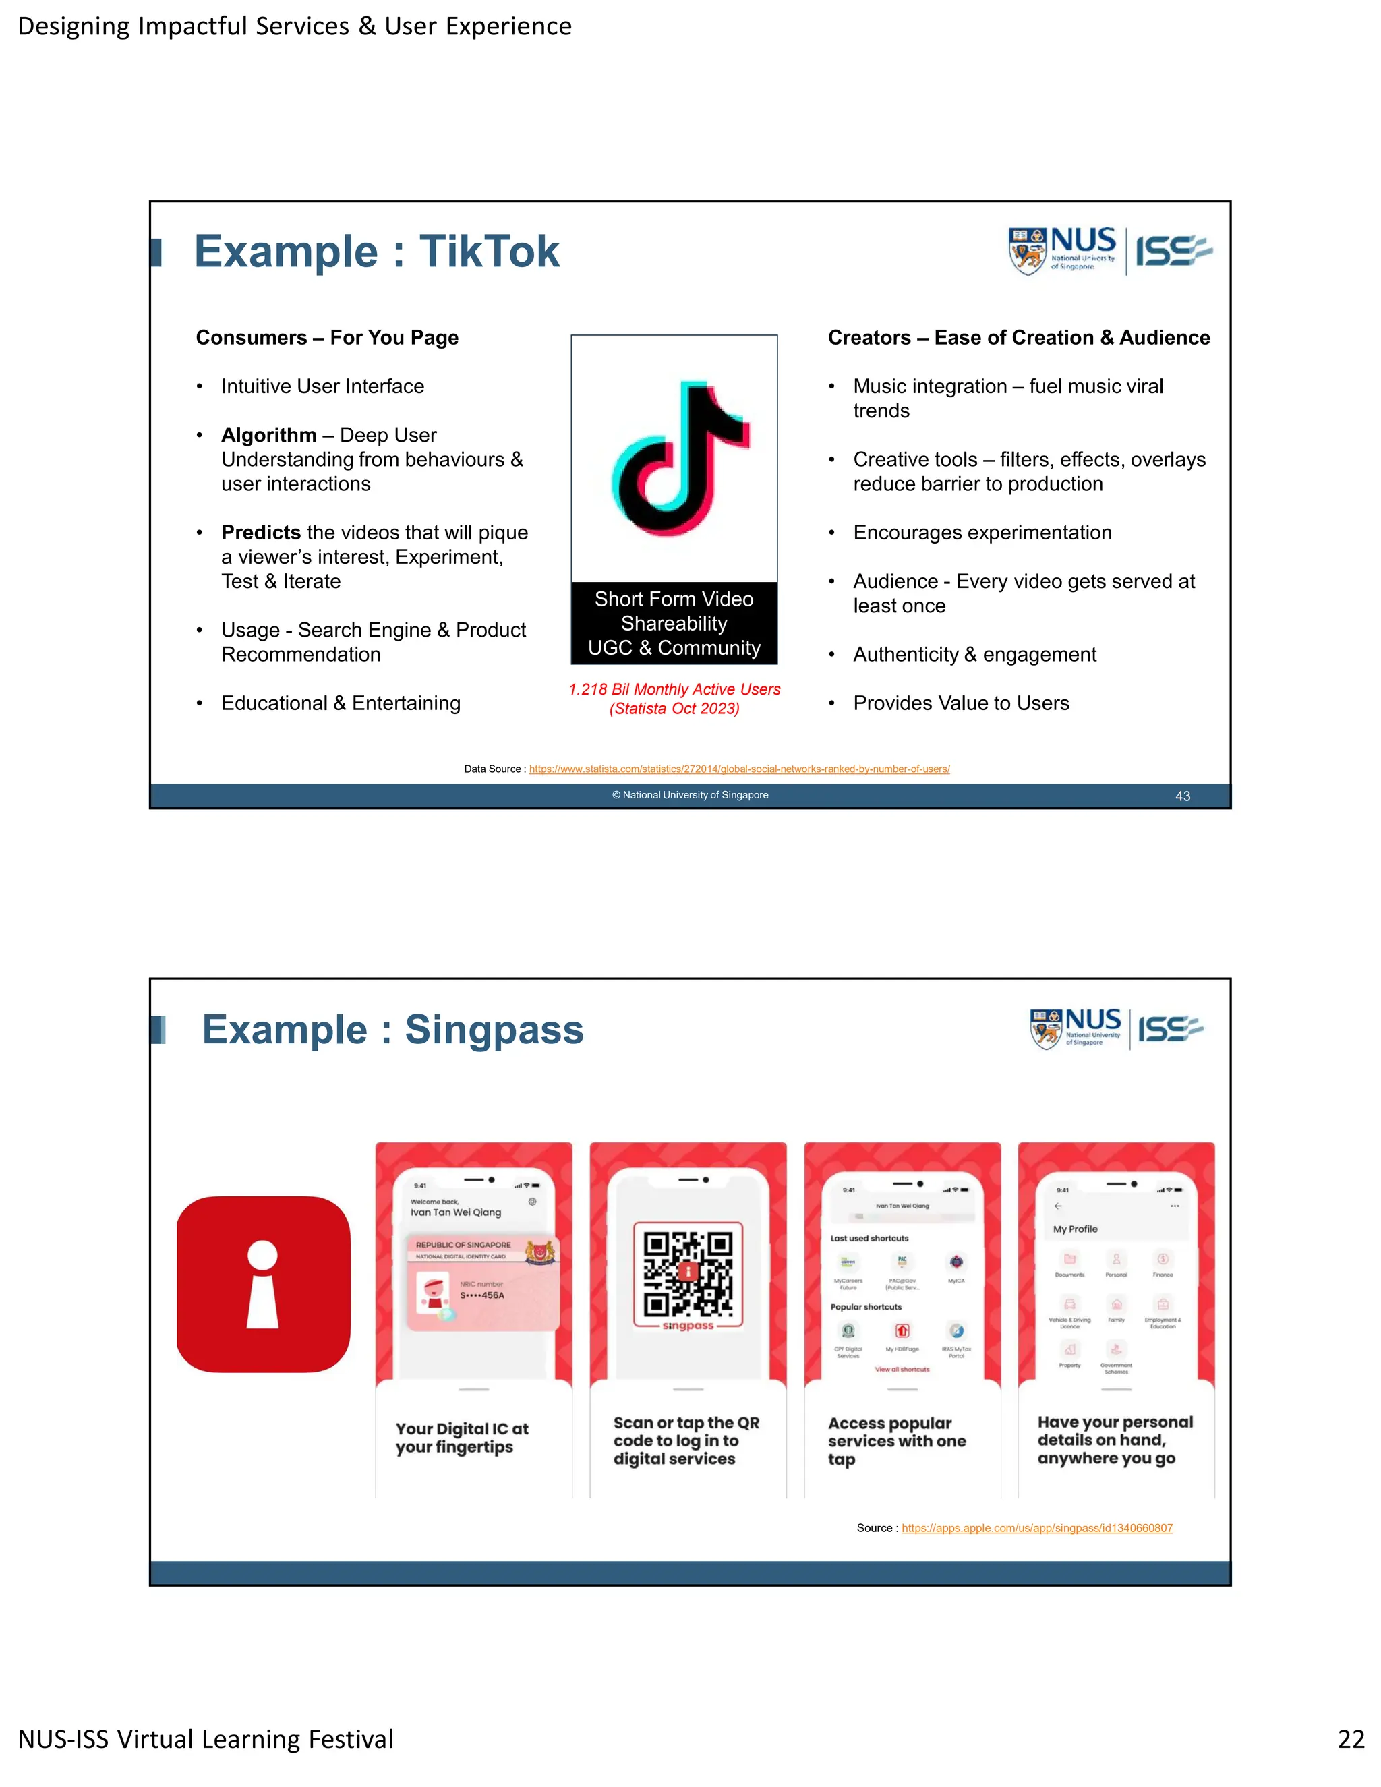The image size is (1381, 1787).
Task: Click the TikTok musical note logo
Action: point(680,458)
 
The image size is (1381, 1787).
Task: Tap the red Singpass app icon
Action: point(264,1284)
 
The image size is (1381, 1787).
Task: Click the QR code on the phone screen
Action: point(687,1273)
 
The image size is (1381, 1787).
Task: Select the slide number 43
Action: point(1182,796)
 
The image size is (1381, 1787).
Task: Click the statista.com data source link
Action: point(739,769)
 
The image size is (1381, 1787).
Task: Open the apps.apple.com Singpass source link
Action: point(1036,1529)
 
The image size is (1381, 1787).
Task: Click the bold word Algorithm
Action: point(268,436)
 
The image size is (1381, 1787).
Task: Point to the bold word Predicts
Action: point(261,533)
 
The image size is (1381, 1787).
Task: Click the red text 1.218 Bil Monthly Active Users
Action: point(674,690)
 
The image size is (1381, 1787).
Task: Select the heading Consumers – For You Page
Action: point(326,338)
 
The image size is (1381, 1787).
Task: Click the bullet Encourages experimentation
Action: point(982,533)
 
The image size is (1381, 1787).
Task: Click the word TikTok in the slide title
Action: point(490,252)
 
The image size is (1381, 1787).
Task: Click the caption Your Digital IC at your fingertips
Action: point(461,1438)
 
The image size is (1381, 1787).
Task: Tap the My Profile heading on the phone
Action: point(1075,1229)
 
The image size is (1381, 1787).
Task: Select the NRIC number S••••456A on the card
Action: point(482,1295)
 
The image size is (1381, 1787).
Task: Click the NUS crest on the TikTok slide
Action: point(1027,252)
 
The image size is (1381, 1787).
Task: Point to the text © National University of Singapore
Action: point(690,795)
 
